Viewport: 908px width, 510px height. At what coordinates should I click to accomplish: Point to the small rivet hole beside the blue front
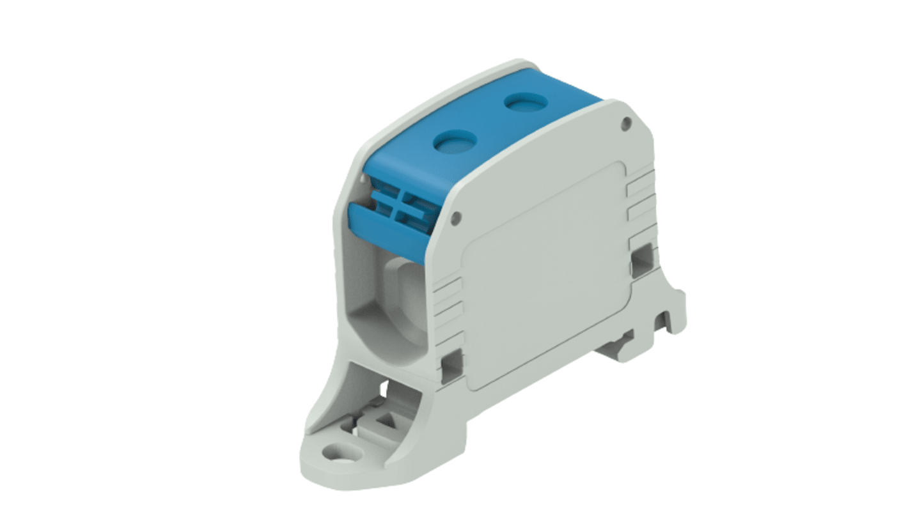(455, 219)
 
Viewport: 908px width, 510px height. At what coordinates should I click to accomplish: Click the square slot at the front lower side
(452, 362)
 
